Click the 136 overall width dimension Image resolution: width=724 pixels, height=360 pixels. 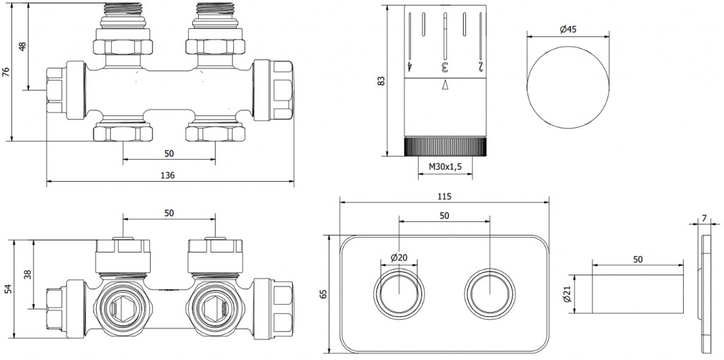point(169,175)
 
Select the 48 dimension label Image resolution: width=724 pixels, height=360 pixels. point(22,47)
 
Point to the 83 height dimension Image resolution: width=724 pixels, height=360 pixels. point(381,81)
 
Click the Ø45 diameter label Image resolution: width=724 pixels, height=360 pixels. point(568,30)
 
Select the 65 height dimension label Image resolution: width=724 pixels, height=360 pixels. point(324,293)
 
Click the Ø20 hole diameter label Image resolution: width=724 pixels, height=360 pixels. point(400,258)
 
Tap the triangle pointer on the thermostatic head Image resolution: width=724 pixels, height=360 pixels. point(445,86)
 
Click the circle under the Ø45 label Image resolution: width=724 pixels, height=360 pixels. point(568,88)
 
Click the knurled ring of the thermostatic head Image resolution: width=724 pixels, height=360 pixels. point(445,148)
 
